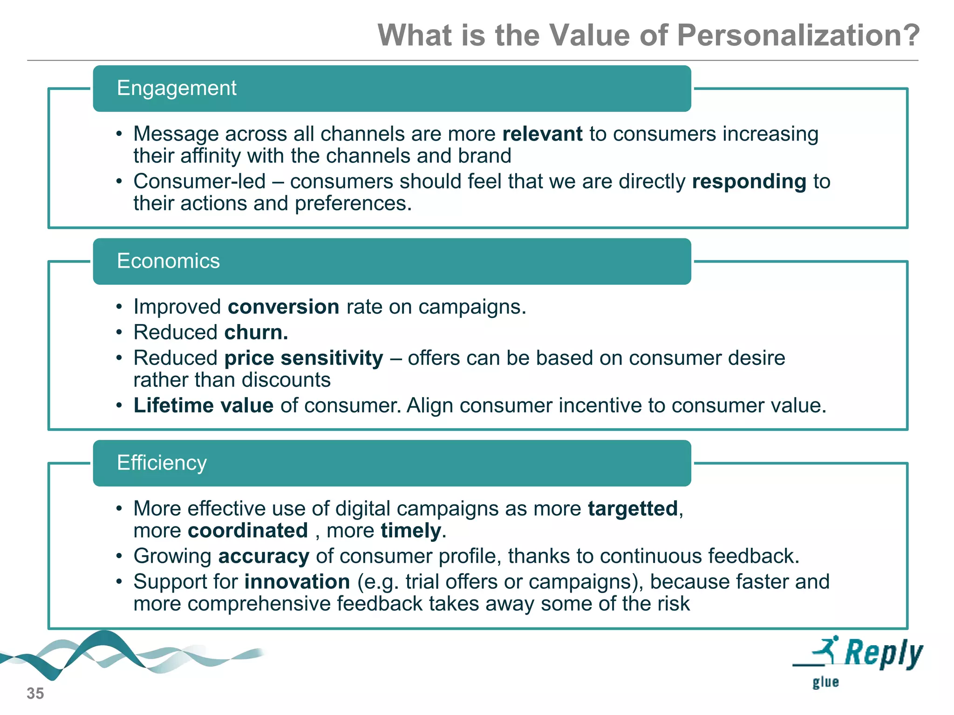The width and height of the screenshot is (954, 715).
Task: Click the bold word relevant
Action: [x=542, y=134]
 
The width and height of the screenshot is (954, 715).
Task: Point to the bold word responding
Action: [x=749, y=182]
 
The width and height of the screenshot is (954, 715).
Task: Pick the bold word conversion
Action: [x=283, y=307]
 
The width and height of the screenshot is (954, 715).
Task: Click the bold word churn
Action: [x=256, y=333]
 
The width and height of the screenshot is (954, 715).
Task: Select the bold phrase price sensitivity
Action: [x=304, y=358]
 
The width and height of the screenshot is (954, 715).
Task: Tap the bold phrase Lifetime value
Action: [x=203, y=406]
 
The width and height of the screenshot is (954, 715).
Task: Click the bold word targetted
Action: [x=633, y=509]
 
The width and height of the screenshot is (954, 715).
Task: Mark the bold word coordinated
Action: [x=248, y=531]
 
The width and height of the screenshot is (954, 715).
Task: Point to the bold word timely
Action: [x=410, y=531]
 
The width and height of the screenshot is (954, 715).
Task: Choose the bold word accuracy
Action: [x=264, y=557]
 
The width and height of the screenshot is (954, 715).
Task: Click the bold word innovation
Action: [x=297, y=582]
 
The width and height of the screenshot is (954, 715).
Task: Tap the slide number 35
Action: [x=35, y=694]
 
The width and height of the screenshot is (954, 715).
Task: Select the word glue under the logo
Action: [x=825, y=682]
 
